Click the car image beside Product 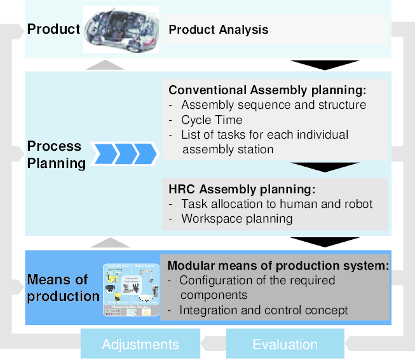[x=121, y=29]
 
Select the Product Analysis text [x=218, y=30]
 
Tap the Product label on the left [x=53, y=29]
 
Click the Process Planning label [x=56, y=155]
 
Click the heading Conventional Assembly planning [x=268, y=90]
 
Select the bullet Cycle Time [x=212, y=120]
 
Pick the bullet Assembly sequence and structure [x=273, y=105]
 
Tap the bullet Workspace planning [x=236, y=219]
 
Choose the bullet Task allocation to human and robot [x=276, y=204]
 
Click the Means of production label [x=63, y=288]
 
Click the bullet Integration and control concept [x=264, y=310]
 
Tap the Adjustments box [x=140, y=345]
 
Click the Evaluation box [x=285, y=345]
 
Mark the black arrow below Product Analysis [x=324, y=65]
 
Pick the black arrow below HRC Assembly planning [x=324, y=242]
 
